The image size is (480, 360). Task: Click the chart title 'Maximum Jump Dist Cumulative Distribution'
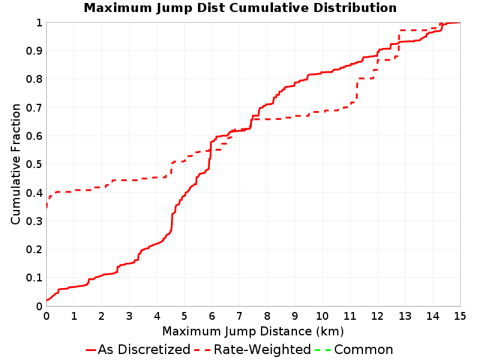[240, 8]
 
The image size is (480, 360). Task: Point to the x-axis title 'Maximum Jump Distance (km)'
[253, 331]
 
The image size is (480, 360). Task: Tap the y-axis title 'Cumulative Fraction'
[16, 164]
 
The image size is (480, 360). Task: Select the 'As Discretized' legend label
[144, 349]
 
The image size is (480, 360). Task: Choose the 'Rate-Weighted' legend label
[262, 349]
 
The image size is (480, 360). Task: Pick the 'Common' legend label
[364, 349]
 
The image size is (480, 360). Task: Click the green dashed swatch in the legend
[322, 350]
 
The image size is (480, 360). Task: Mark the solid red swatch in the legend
[91, 350]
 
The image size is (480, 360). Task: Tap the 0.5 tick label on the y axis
[34, 164]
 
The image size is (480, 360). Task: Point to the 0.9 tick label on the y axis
[34, 50]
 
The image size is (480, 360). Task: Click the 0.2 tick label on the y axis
[34, 249]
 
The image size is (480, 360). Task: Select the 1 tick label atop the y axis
[39, 22]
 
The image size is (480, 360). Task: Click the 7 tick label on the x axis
[239, 316]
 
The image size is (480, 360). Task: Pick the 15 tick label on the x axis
[460, 316]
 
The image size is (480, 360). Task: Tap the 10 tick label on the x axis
[322, 316]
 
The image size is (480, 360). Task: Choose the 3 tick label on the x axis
[129, 316]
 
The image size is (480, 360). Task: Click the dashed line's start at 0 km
[47, 208]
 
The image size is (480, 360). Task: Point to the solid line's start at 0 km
[47, 301]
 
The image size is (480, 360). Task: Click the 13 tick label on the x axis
[404, 316]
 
